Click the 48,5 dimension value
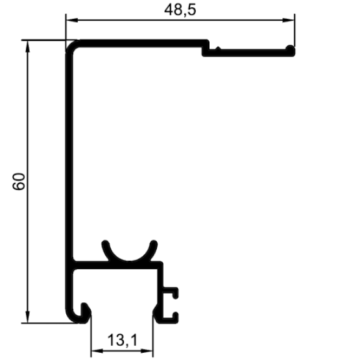180,10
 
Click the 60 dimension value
19,182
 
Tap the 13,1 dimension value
123,340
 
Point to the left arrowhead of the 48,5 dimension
72,20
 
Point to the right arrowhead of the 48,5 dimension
289,20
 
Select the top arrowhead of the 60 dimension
27,47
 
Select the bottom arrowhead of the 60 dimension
27,317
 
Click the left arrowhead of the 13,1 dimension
97,351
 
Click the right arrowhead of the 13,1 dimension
147,351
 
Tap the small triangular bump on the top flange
218,48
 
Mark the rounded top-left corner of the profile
71,45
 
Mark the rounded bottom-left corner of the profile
71,317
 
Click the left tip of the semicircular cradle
105,244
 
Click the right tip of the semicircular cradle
154,244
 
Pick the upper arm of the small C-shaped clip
171,291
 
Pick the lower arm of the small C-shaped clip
171,320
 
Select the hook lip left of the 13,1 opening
86,313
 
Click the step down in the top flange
206,49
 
